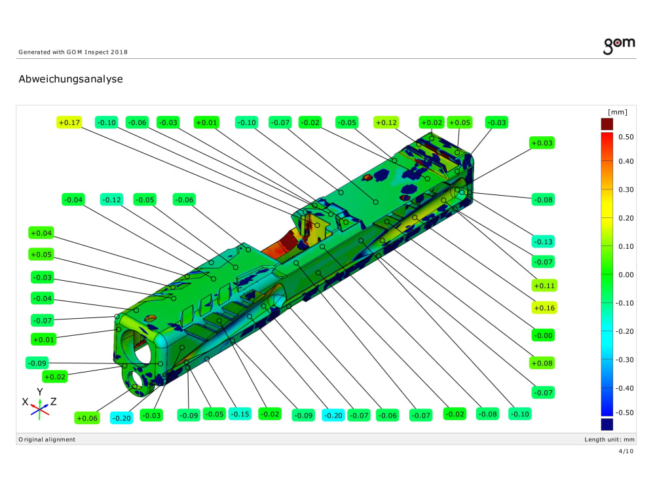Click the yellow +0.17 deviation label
(x=69, y=122)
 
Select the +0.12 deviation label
(x=386, y=122)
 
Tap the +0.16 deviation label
(x=544, y=308)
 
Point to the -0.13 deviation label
(x=544, y=242)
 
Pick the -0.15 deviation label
(x=240, y=414)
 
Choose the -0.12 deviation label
(x=112, y=200)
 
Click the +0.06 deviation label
(x=87, y=418)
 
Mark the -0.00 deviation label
(x=544, y=335)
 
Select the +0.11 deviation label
(x=544, y=285)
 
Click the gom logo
(x=619, y=45)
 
